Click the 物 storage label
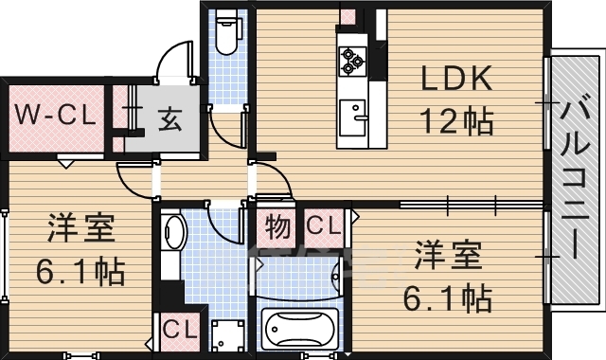pos(276,227)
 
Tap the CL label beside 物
pos(323,227)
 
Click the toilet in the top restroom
pos(227,35)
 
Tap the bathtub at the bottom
pos(298,330)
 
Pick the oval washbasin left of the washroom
pos(173,233)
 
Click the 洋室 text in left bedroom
pos(81,231)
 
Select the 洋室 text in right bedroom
pos(447,258)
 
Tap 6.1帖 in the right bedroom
pos(447,298)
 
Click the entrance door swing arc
pos(175,59)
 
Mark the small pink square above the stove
pos(348,16)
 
